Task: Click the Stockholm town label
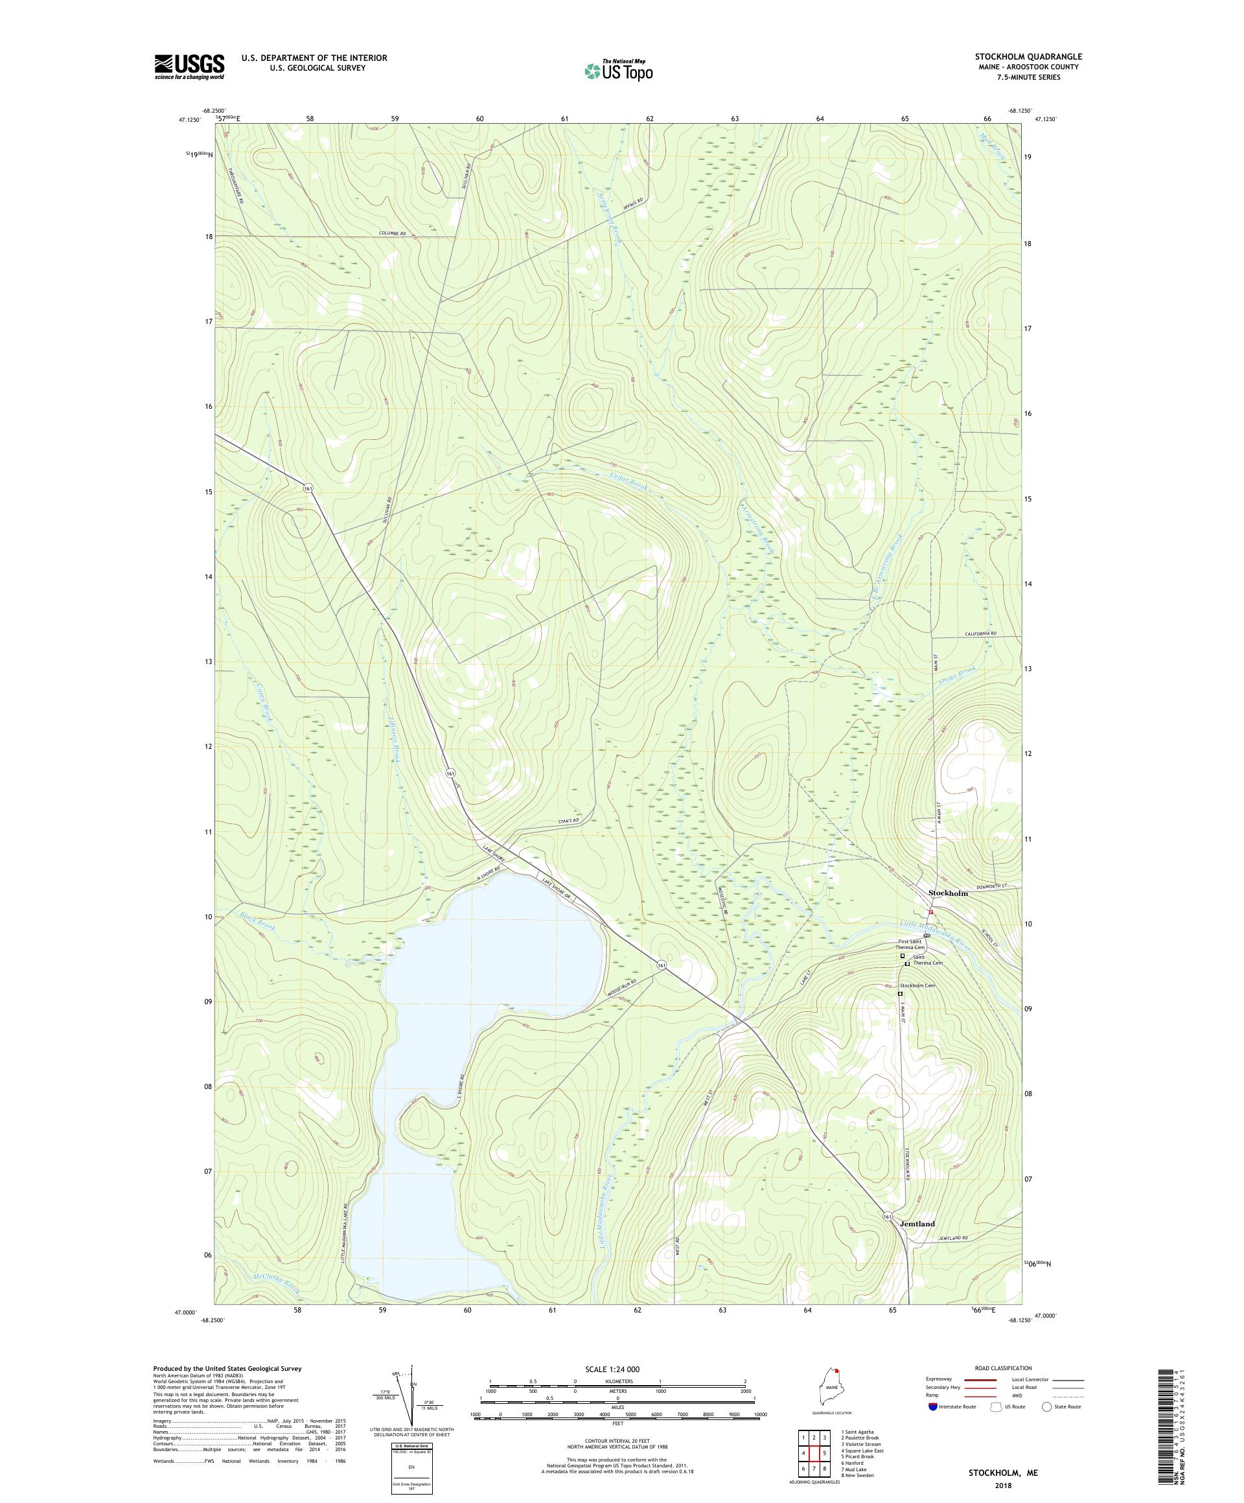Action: click(947, 893)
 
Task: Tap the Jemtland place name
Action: click(916, 1224)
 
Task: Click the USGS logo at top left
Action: click(189, 67)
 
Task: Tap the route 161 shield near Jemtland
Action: click(888, 1217)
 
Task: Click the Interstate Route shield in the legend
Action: click(932, 1406)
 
